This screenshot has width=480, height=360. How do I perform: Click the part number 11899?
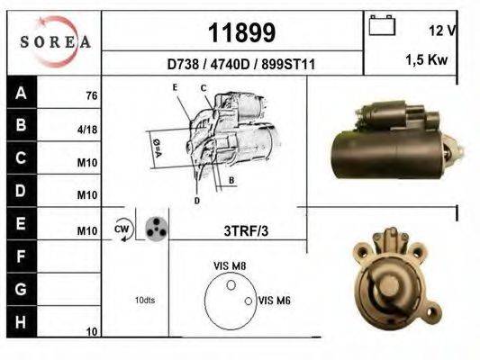coord(241,33)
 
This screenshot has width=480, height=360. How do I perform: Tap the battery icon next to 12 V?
coord(383,26)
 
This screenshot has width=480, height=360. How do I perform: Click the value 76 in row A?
coord(91,95)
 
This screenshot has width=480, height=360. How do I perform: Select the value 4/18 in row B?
coord(87,130)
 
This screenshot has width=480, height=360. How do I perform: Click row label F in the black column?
coord(21,257)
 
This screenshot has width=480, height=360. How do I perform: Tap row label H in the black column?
coord(21,321)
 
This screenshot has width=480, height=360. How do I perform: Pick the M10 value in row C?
coord(87,163)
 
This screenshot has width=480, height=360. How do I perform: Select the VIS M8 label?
coord(230,266)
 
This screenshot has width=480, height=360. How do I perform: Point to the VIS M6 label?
coord(273,301)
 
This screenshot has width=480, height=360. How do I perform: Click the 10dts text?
coord(143,300)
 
